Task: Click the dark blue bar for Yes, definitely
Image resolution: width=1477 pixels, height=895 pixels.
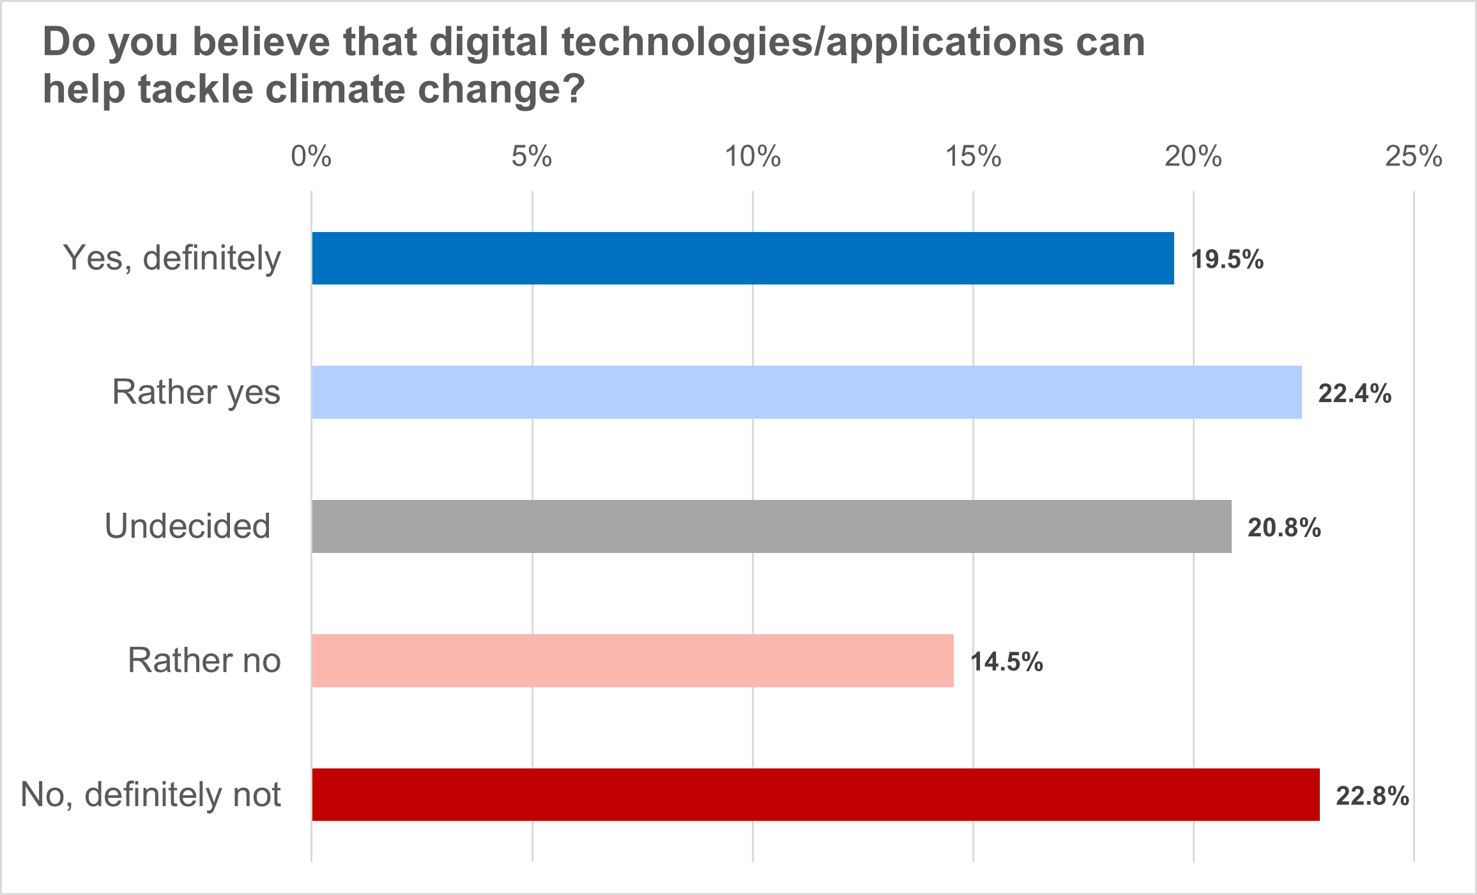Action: [742, 258]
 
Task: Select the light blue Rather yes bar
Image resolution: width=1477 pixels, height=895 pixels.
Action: [806, 393]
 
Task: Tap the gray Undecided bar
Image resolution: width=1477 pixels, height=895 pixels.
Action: [771, 526]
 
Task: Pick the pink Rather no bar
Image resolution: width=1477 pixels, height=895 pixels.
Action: [632, 660]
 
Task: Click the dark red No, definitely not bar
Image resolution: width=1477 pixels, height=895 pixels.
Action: [815, 795]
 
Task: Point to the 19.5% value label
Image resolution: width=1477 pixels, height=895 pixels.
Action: [1227, 260]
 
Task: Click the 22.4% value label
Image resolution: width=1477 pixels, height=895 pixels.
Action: [1355, 394]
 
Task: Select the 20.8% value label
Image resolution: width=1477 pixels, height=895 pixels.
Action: [1284, 528]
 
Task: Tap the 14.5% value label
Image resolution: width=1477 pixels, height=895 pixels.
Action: [1007, 662]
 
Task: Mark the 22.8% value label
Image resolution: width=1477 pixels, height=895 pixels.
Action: [1372, 797]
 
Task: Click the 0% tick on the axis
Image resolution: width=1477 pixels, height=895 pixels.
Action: [311, 157]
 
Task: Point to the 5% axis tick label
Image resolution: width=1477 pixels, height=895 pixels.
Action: [532, 157]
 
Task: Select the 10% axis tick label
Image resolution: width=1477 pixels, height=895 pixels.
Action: [753, 157]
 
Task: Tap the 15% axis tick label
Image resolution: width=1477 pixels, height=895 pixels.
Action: [973, 157]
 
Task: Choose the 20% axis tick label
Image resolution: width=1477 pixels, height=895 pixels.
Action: [1193, 157]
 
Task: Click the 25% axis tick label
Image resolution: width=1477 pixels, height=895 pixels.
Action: [1414, 157]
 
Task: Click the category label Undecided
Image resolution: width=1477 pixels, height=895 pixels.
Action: [187, 527]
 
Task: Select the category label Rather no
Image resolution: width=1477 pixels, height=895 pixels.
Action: [204, 660]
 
